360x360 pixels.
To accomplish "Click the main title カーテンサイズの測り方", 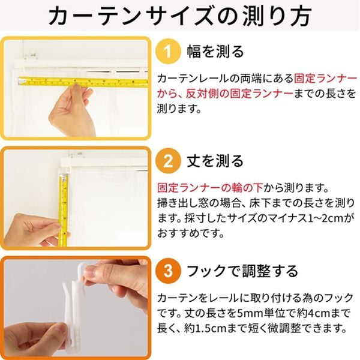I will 180,16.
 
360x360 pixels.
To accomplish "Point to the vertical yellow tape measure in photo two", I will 62,204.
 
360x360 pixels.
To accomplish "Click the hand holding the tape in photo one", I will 69,111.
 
